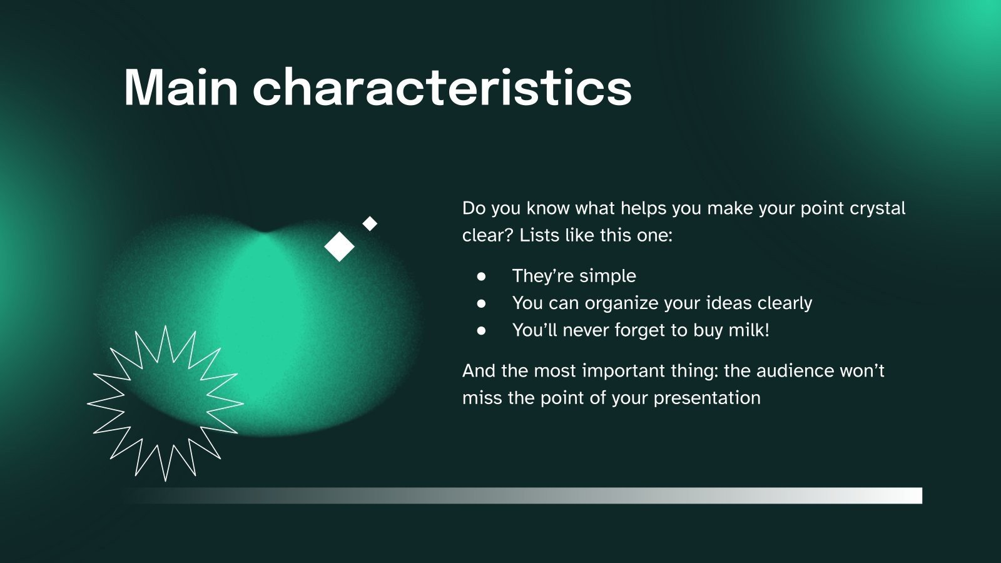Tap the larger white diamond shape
(339, 246)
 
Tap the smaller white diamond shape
(370, 223)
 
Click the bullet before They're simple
(481, 276)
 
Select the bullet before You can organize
(481, 304)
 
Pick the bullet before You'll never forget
(481, 331)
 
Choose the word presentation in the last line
(707, 398)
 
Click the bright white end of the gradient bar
(912, 495)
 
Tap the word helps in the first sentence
(644, 209)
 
